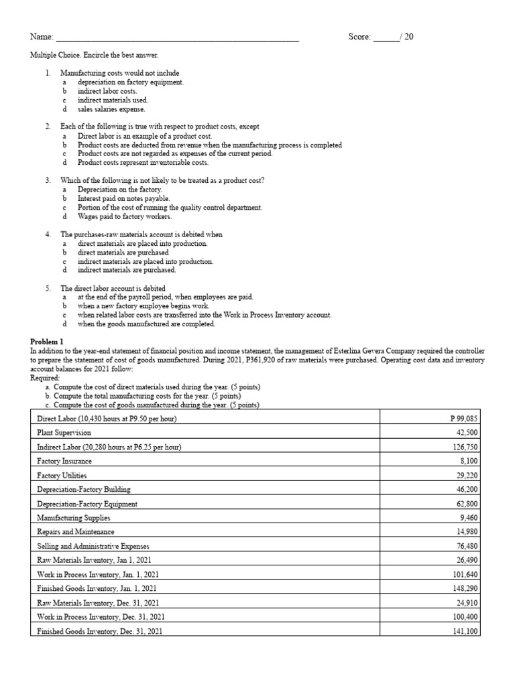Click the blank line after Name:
pos(176,38)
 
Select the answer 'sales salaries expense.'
pos(111,109)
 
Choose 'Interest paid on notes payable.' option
pos(123,198)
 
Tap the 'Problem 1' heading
pos(48,342)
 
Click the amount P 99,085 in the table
pos(464,419)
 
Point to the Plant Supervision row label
pos(64,433)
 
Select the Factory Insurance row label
pos(64,461)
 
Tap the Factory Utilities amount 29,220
pos(467,475)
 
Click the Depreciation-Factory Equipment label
pos(87,504)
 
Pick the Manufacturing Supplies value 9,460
pos(469,518)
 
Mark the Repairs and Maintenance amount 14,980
pos(467,532)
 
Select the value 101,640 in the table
pos(465,574)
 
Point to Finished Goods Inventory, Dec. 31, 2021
pos(99,631)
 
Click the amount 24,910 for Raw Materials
pos(467,603)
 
